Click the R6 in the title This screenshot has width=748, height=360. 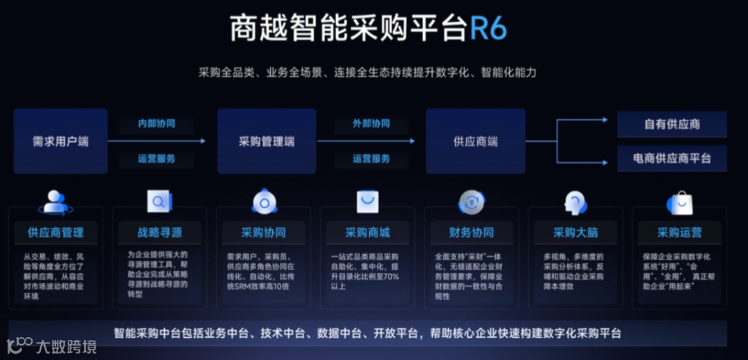click(489, 29)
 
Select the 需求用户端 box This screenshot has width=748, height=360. click(61, 141)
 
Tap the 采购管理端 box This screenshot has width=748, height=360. click(267, 141)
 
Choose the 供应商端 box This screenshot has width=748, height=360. click(475, 141)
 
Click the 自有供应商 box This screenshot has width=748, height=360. click(672, 125)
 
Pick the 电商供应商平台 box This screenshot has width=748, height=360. click(672, 159)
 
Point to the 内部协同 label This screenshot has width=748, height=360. click(157, 123)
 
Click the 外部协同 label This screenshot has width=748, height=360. click(371, 123)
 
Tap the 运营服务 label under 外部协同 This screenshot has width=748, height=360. click(371, 159)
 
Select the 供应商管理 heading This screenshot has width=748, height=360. click(55, 232)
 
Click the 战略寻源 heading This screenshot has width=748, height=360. click(160, 232)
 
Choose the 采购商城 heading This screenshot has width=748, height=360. click(368, 232)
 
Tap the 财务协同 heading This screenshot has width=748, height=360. click(472, 232)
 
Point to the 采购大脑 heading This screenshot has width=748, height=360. click(576, 232)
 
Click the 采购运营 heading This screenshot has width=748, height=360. click(679, 232)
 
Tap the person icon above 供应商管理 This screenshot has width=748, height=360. click(55, 201)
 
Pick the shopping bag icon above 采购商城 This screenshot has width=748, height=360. click(368, 201)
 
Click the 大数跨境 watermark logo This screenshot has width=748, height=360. click(52, 345)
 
